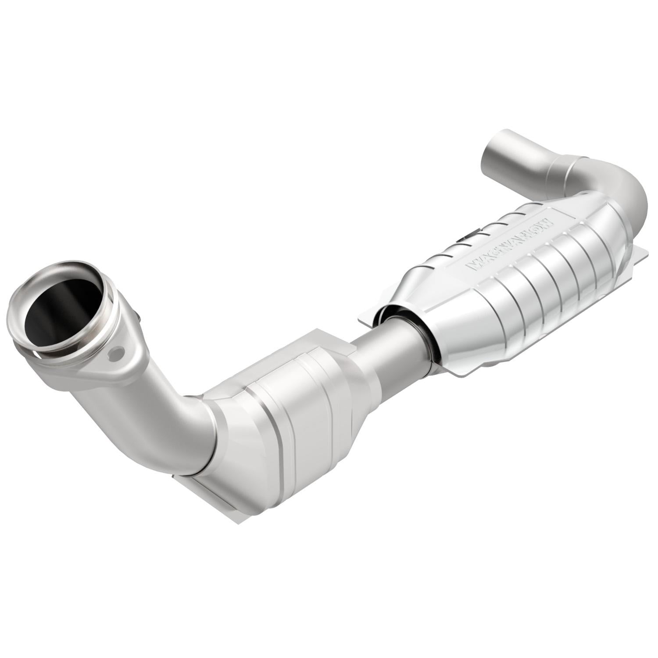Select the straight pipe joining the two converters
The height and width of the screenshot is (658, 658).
click(386, 347)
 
